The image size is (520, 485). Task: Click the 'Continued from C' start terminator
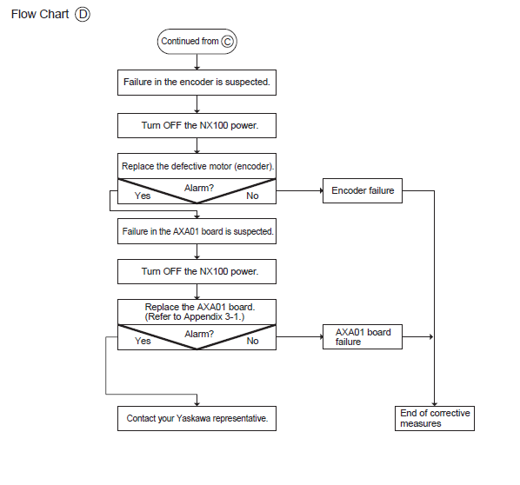click(197, 42)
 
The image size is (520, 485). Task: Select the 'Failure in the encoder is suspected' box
click(197, 83)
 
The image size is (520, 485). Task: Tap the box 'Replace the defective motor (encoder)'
click(197, 166)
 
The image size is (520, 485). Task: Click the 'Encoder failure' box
click(363, 190)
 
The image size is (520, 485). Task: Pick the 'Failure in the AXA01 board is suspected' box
click(197, 231)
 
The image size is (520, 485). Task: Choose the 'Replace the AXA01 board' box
click(197, 312)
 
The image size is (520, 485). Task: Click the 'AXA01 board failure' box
click(363, 337)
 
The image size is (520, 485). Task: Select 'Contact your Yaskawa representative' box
click(197, 418)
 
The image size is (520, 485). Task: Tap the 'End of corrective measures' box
click(435, 418)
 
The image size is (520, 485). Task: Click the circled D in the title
click(83, 15)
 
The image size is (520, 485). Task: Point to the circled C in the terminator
click(228, 42)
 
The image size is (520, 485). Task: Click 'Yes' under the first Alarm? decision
click(143, 196)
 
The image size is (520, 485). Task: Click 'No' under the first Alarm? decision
click(252, 196)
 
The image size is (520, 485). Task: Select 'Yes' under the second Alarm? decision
click(143, 341)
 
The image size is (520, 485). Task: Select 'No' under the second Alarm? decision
click(252, 341)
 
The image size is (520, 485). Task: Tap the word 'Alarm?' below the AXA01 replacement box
click(199, 334)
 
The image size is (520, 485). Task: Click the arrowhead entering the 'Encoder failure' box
click(321, 190)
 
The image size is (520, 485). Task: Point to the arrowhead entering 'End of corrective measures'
click(435, 404)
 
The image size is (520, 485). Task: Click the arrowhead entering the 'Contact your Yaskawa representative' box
click(197, 404)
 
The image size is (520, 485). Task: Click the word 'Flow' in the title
click(23, 14)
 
